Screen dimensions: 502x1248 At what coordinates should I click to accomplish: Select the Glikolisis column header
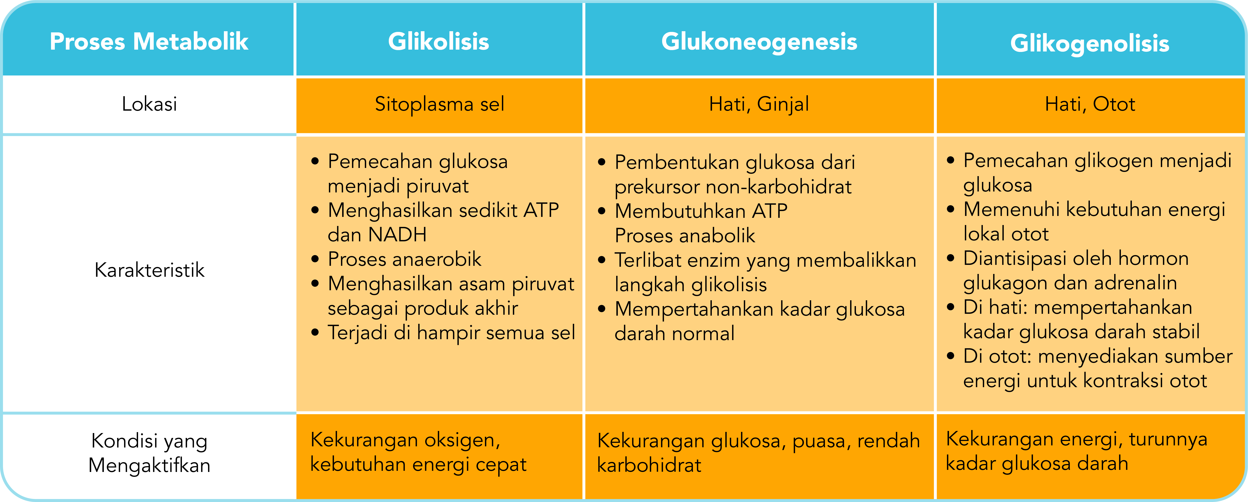438,42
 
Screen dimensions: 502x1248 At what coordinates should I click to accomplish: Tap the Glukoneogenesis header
759,42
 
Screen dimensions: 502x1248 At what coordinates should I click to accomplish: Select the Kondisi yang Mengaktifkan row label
149,453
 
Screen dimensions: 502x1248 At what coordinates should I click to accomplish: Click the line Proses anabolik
685,236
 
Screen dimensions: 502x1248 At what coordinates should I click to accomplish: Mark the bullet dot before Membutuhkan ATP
602,211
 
